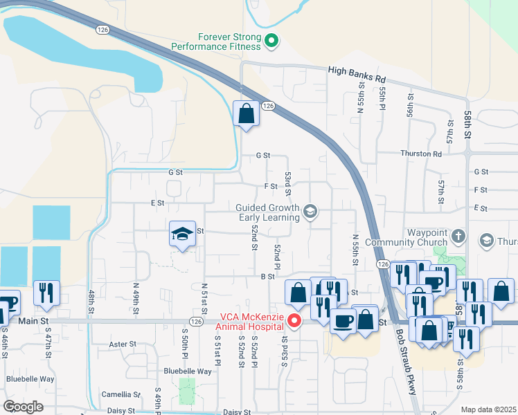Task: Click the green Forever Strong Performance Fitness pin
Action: click(x=272, y=41)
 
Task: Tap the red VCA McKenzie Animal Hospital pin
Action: click(x=295, y=321)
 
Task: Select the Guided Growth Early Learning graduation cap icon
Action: click(x=310, y=212)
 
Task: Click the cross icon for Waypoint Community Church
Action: click(x=457, y=237)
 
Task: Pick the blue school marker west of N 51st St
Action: click(x=182, y=235)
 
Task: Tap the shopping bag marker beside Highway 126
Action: click(x=246, y=113)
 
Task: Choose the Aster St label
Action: click(x=124, y=344)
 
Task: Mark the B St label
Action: click(x=268, y=276)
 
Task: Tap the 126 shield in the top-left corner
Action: click(x=102, y=30)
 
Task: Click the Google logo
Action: click(x=23, y=406)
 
